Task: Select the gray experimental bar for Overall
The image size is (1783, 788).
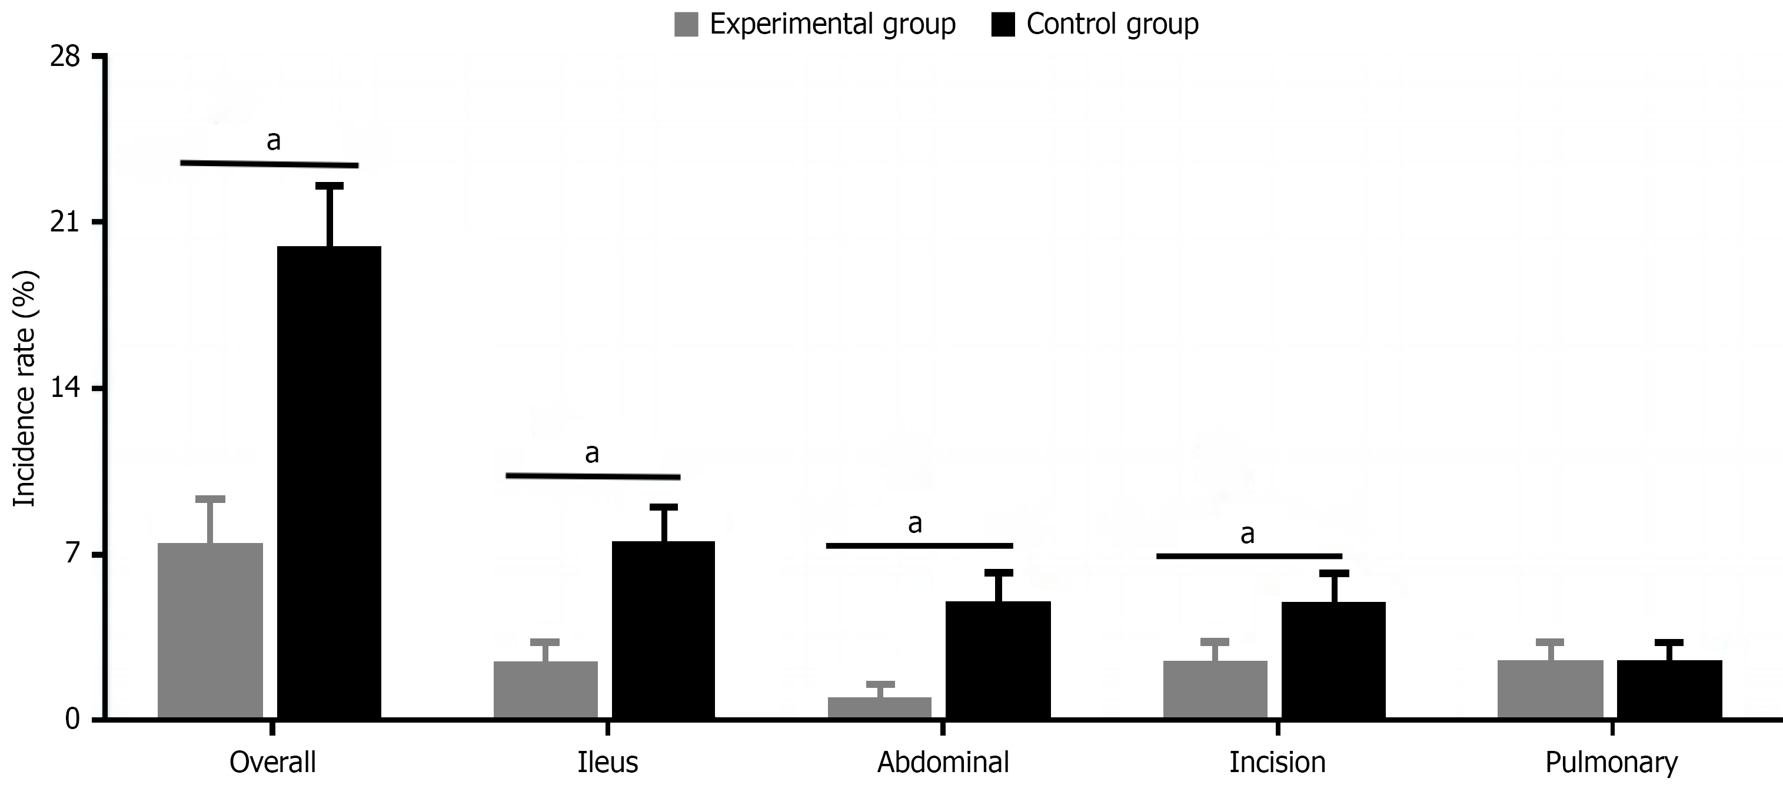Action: pyautogui.click(x=211, y=630)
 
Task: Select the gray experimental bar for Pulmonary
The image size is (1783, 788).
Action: pyautogui.click(x=1551, y=688)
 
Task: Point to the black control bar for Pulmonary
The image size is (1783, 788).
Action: pyautogui.click(x=1669, y=688)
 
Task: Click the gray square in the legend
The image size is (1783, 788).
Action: pyautogui.click(x=686, y=25)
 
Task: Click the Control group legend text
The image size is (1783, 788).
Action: pyautogui.click(x=1112, y=25)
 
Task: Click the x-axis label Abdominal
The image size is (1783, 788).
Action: pyautogui.click(x=943, y=762)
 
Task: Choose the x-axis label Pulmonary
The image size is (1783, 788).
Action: pyautogui.click(x=1611, y=762)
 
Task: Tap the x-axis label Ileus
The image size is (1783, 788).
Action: pyautogui.click(x=607, y=762)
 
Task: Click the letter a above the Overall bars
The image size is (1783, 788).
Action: pyautogui.click(x=274, y=141)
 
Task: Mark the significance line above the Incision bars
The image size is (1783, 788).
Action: pyautogui.click(x=1249, y=556)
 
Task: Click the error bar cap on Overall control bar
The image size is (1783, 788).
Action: pyautogui.click(x=330, y=186)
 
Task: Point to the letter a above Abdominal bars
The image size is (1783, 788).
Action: pyautogui.click(x=914, y=524)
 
